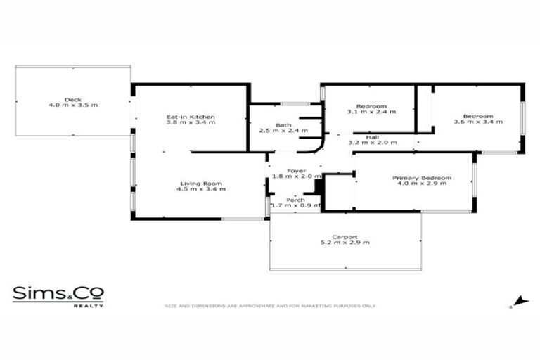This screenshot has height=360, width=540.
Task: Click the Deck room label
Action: point(73,100)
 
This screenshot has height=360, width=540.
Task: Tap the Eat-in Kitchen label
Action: point(191,117)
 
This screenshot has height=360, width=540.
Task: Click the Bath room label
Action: point(283,125)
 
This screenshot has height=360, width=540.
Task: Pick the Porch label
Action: point(296,200)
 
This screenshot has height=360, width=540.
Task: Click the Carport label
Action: point(345,237)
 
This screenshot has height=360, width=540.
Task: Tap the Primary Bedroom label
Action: point(422,178)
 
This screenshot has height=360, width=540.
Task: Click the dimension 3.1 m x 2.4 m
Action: point(371,111)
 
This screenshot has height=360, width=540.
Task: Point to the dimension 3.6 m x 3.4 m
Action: point(478,122)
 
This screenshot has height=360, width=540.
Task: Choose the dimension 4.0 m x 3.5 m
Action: point(73,105)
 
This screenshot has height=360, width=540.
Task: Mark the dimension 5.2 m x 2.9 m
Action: point(345,243)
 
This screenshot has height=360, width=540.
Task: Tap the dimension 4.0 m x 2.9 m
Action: point(422,184)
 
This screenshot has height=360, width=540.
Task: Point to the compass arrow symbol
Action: point(520,302)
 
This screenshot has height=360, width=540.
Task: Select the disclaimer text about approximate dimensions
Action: point(270,306)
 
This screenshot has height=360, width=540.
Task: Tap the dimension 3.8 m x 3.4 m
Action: point(191,122)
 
